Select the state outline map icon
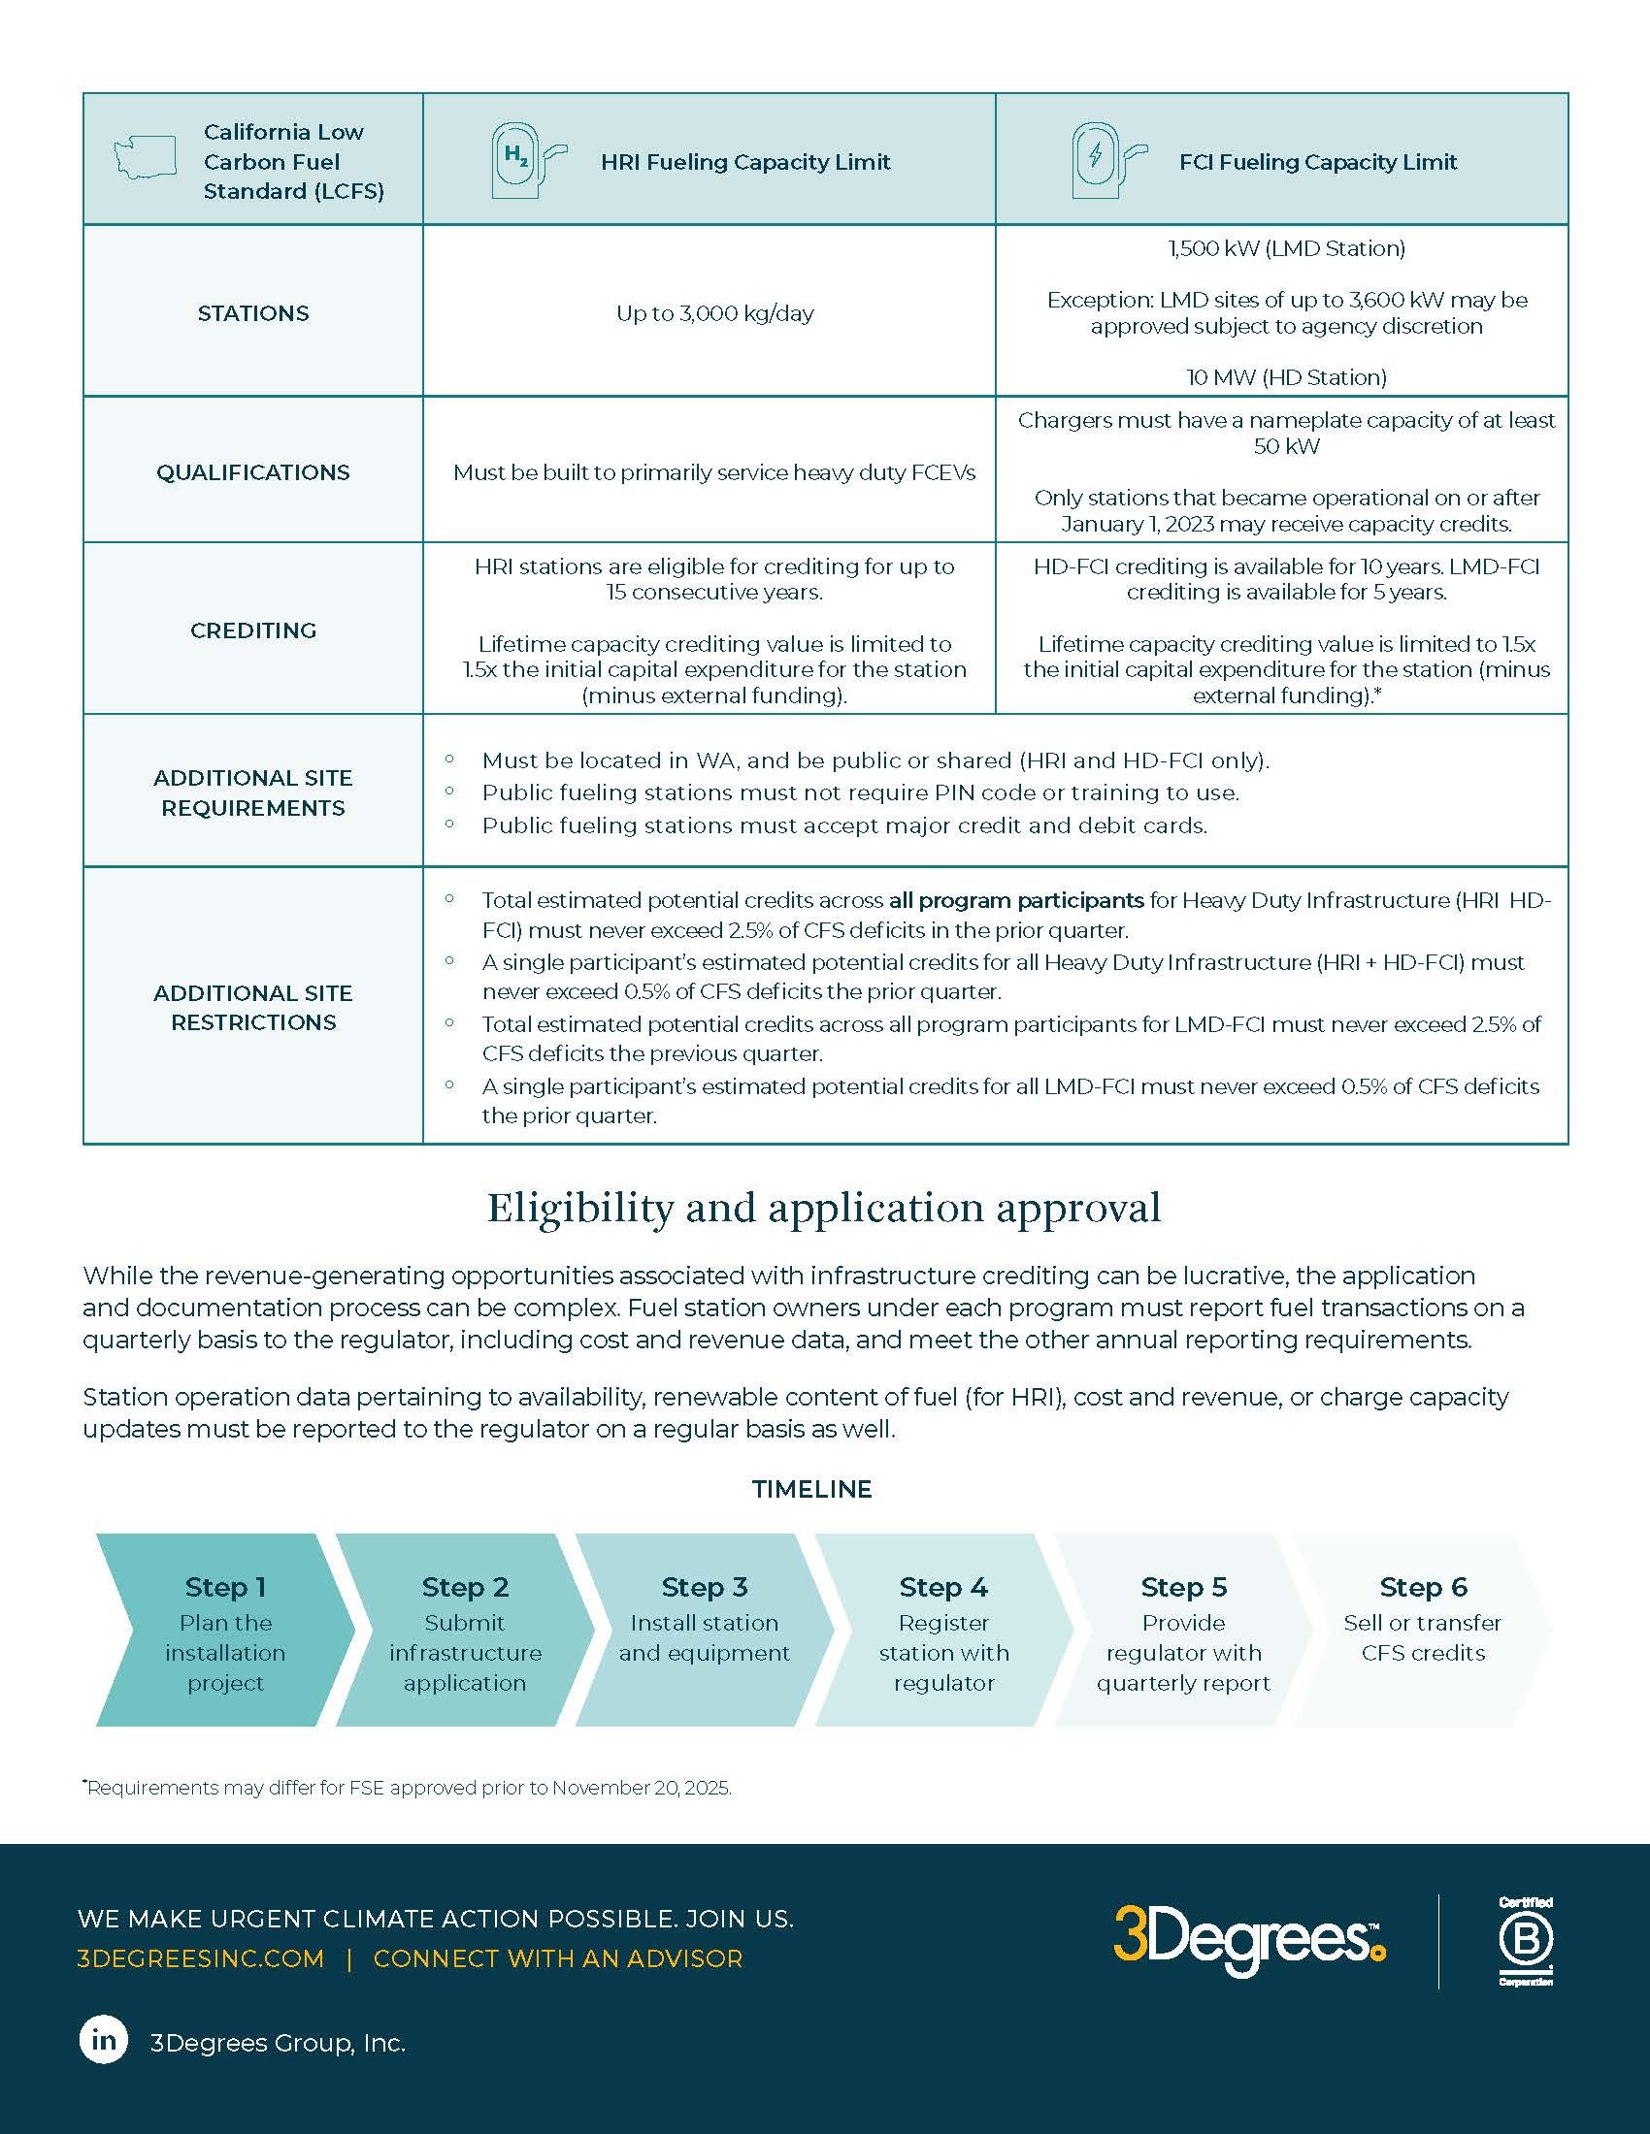145,157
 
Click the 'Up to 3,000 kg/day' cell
714,313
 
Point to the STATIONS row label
253,313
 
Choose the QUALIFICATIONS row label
253,473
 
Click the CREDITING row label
253,631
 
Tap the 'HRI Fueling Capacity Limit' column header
744,162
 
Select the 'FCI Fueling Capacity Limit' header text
1318,162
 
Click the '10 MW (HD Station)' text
1286,378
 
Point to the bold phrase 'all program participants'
1015,900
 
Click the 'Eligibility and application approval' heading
824,1209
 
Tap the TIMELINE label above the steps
811,1489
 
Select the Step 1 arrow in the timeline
225,1630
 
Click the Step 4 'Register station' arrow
943,1630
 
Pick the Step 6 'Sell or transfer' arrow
1422,1630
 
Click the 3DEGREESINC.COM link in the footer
200,1959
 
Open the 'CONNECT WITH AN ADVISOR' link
558,1959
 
